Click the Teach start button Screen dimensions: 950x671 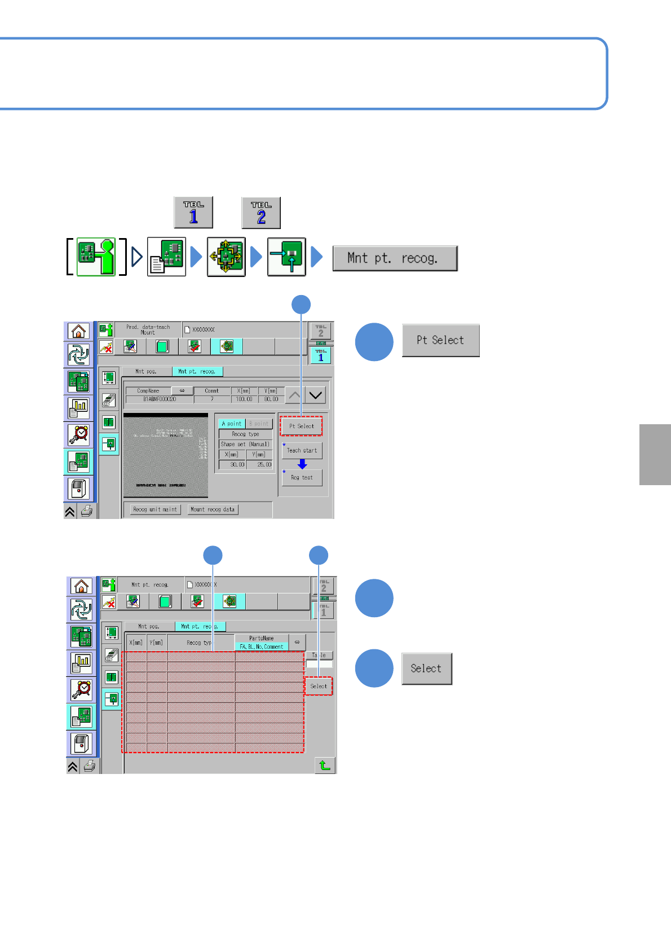click(x=302, y=450)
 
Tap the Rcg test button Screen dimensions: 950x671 click(x=302, y=477)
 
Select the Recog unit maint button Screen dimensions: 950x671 click(x=155, y=509)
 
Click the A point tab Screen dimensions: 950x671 click(x=231, y=424)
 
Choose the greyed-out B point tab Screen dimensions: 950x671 click(x=259, y=424)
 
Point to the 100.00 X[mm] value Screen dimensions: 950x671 click(x=244, y=399)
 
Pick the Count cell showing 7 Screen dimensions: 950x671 click(x=212, y=399)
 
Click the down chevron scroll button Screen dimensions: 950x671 click(x=316, y=395)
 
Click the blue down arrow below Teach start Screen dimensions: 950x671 click(x=302, y=464)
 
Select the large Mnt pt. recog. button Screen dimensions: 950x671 click(x=395, y=258)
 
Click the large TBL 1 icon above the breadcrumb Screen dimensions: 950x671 click(x=193, y=213)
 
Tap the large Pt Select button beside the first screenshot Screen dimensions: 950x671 click(x=440, y=340)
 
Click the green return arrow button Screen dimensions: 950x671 click(x=325, y=765)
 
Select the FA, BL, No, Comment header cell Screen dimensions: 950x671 click(x=262, y=646)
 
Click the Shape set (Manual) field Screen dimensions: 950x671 click(x=245, y=444)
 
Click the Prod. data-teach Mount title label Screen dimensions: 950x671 click(x=148, y=329)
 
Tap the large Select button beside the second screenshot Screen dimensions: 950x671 click(x=426, y=668)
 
